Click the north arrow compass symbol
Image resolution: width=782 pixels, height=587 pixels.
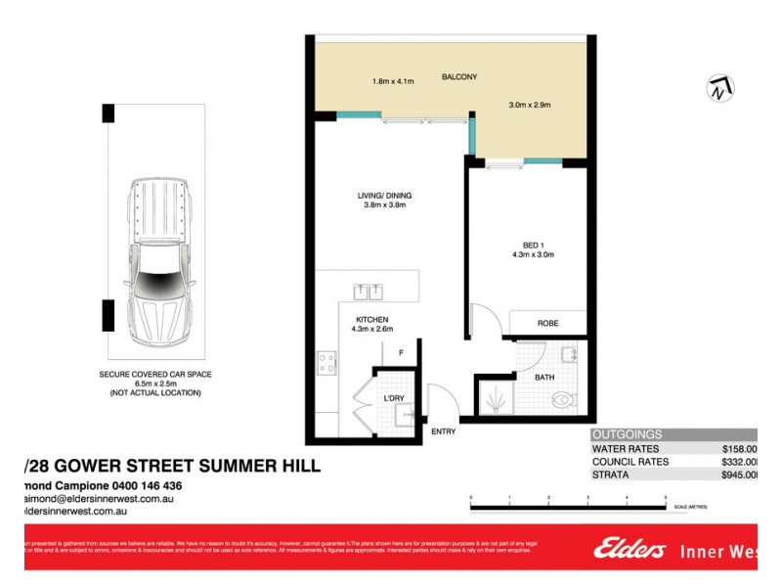click(x=720, y=88)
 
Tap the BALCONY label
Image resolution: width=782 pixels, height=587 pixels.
click(x=458, y=76)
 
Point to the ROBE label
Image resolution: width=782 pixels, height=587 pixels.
click(x=547, y=323)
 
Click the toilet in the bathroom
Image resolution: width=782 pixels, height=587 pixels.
click(x=562, y=398)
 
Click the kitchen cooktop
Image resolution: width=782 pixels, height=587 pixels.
click(x=326, y=364)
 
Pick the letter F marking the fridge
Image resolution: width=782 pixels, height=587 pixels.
click(x=401, y=352)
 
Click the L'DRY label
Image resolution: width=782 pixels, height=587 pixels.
click(x=394, y=397)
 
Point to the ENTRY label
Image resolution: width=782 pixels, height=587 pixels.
click(x=444, y=430)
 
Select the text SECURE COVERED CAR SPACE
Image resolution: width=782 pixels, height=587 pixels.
click(x=155, y=374)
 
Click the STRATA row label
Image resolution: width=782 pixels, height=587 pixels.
click(x=610, y=474)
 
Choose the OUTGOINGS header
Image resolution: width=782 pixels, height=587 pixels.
click(x=628, y=434)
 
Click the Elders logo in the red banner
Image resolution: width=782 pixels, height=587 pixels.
click(x=631, y=551)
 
